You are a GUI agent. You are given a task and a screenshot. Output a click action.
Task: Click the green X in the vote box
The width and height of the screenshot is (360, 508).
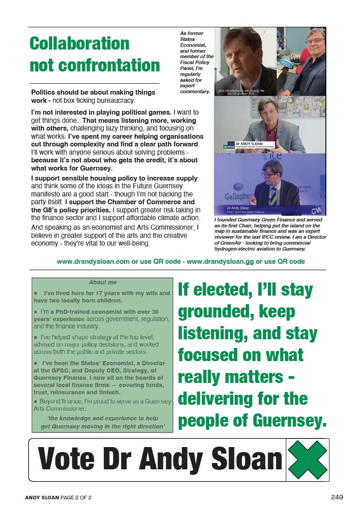[x=308, y=459]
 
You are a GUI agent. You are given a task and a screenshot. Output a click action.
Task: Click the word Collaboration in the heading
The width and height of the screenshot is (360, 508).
[x=79, y=44]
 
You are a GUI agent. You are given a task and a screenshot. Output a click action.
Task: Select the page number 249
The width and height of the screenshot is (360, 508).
[x=337, y=497]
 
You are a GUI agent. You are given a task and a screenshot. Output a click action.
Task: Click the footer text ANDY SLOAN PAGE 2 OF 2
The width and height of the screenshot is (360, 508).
[x=59, y=498]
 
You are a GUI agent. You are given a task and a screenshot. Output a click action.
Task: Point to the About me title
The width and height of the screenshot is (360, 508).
[x=103, y=282]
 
